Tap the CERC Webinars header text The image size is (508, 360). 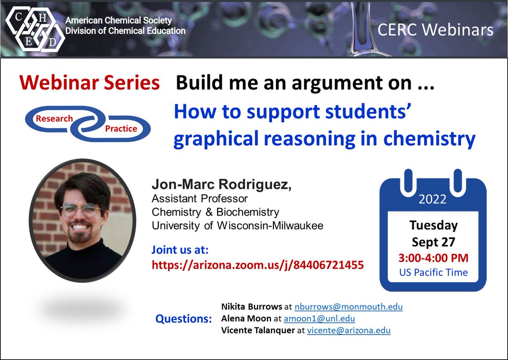(x=435, y=30)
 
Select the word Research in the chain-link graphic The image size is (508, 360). (x=54, y=119)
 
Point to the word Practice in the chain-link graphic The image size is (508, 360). (x=121, y=128)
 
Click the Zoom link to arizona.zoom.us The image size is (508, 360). (x=257, y=266)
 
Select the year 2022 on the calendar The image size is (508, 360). (x=433, y=199)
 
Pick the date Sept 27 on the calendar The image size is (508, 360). (x=433, y=242)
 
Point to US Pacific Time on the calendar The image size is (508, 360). (x=433, y=272)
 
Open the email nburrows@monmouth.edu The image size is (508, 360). (x=348, y=307)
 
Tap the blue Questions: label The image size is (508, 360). (x=183, y=319)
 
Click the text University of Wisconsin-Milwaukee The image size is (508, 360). (x=237, y=226)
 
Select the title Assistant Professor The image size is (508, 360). (x=199, y=198)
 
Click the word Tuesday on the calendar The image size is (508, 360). (x=433, y=225)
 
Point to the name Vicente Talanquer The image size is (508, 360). (x=257, y=330)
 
